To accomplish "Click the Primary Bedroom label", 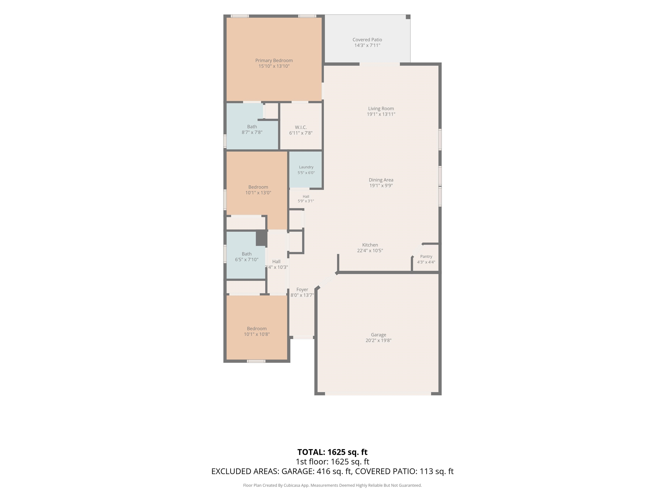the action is pos(274,60).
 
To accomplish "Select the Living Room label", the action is pos(381,109).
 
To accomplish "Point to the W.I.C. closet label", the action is pos(301,127).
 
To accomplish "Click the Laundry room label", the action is pos(306,167).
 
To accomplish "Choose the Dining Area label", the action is pos(381,180).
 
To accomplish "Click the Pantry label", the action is pos(426,257).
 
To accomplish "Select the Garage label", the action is pos(378,335).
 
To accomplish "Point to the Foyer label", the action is pos(302,290).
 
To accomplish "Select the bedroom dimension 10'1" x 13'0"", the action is pos(258,193).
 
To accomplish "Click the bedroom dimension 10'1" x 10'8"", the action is pos(257,334).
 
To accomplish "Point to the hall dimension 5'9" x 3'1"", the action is pos(306,201).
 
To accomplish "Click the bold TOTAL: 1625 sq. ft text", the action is pos(332,452).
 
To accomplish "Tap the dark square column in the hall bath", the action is pos(261,238).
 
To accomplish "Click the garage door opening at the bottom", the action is pos(378,394).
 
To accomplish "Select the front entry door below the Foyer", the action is pos(303,337).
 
